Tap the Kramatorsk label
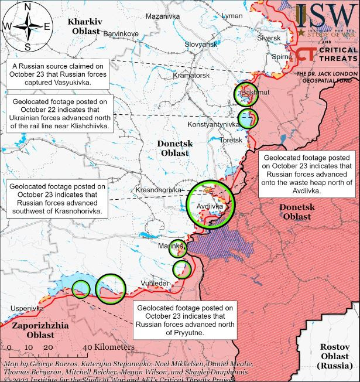[x=191, y=76]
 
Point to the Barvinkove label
[x=121, y=34]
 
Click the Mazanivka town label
[x=162, y=16]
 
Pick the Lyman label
[x=233, y=15]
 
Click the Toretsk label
[x=231, y=140]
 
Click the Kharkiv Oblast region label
[x=85, y=26]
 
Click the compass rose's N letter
[x=28, y=8]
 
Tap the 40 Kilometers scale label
[x=109, y=347]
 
